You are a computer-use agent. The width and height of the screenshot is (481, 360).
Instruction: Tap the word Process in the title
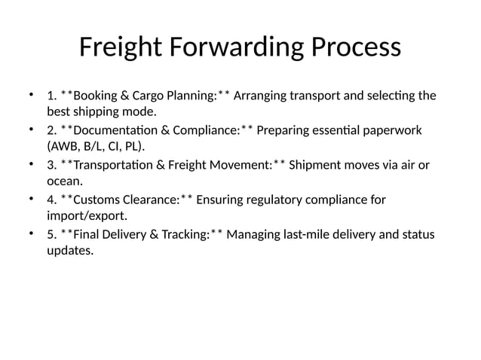pos(354,47)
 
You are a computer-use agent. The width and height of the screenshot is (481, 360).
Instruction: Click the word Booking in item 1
pos(96,96)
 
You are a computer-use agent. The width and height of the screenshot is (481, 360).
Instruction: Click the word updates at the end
pos(69,250)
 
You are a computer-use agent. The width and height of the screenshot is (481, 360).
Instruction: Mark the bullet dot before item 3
pos(31,165)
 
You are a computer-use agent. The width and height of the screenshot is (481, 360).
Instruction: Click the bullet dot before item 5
pos(31,234)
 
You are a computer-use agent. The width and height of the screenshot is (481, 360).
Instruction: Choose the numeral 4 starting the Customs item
pos(51,200)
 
